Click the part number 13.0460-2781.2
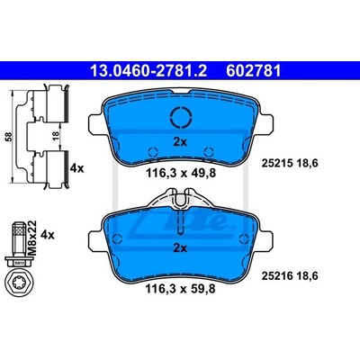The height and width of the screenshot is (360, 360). [148, 71]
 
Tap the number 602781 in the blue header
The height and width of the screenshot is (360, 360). [254, 71]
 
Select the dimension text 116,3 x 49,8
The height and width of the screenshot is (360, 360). [181, 173]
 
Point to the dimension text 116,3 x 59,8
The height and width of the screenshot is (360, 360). [181, 289]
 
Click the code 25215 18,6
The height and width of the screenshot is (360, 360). [290, 163]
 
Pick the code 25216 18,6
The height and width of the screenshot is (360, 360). [290, 275]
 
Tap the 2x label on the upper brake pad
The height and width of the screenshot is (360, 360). [180, 141]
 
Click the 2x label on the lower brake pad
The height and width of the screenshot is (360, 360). [180, 248]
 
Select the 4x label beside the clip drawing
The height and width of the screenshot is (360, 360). [76, 168]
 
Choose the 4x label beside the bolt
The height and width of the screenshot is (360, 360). [48, 235]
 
